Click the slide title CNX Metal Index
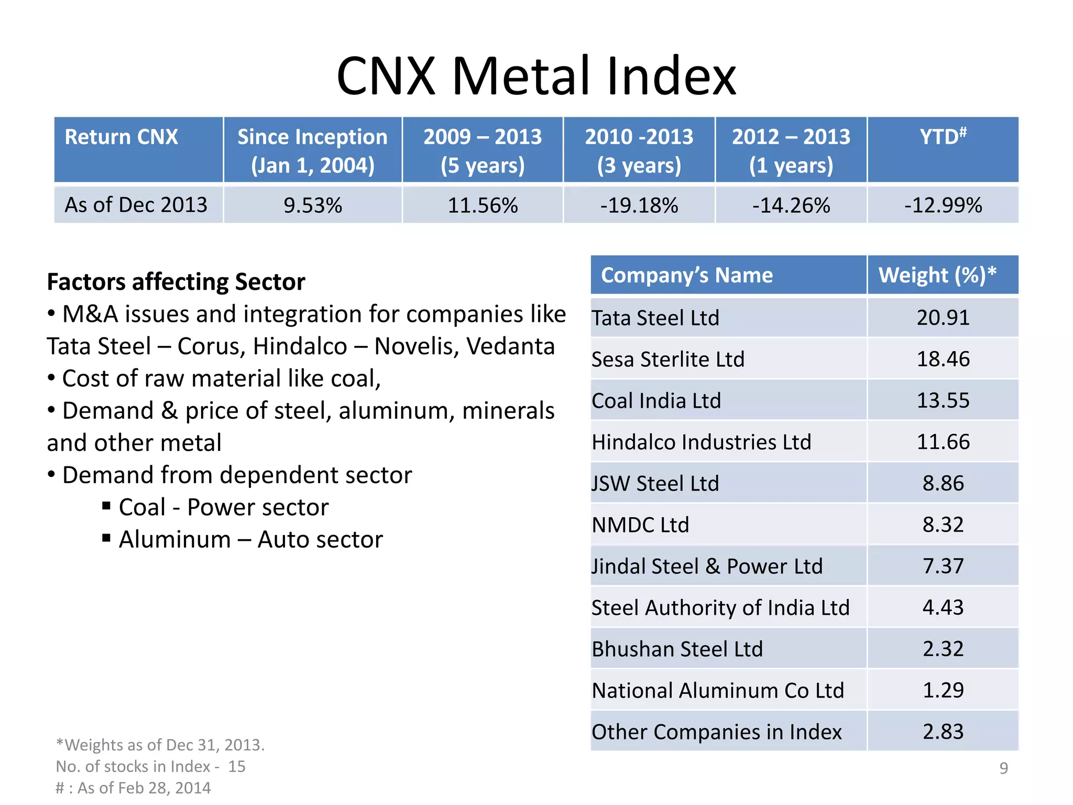click(536, 76)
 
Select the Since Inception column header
click(312, 150)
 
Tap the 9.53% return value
click(312, 205)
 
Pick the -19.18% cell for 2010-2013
click(639, 205)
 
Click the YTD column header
click(943, 137)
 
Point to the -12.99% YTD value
click(943, 205)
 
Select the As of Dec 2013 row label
click(136, 205)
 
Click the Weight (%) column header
click(937, 275)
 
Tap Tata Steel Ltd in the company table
click(655, 318)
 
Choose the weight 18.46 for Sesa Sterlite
click(943, 359)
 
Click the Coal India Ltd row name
click(656, 401)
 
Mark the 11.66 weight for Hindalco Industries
click(943, 442)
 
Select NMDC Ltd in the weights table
click(640, 525)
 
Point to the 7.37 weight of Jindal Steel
click(943, 566)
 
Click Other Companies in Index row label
click(716, 732)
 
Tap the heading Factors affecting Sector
click(176, 282)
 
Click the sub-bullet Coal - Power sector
click(224, 507)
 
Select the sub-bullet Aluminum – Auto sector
click(250, 539)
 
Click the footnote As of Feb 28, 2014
click(133, 788)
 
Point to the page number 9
click(1003, 768)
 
